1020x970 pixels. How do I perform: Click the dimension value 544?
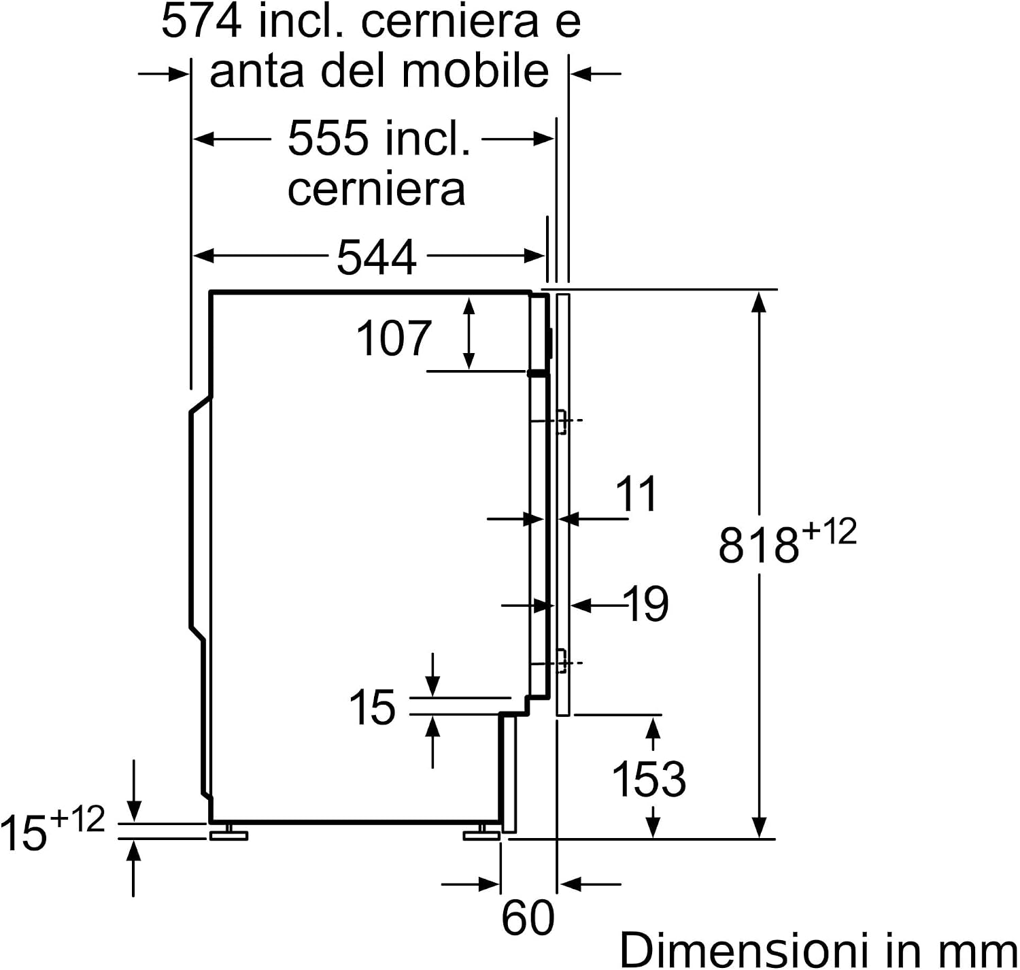[376, 256]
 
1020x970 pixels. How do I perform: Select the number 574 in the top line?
[201, 21]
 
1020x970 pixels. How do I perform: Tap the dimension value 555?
[327, 138]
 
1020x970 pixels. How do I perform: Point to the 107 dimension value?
[393, 338]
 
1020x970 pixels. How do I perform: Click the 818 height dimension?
[758, 546]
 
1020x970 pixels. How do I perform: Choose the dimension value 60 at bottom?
[528, 918]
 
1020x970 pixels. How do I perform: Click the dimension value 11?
[636, 494]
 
